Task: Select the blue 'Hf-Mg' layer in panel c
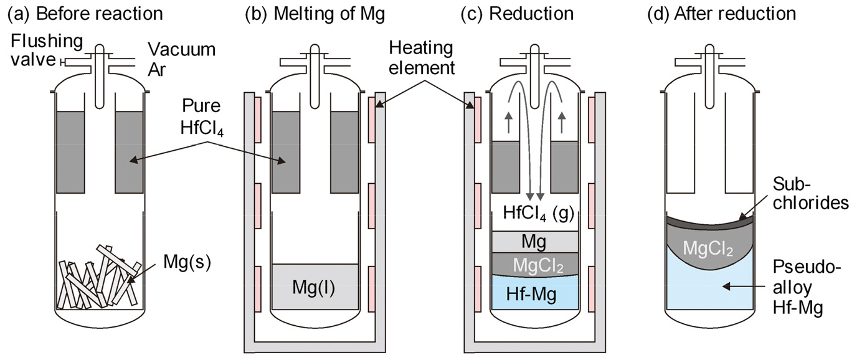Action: click(535, 292)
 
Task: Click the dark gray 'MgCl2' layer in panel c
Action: click(535, 265)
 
